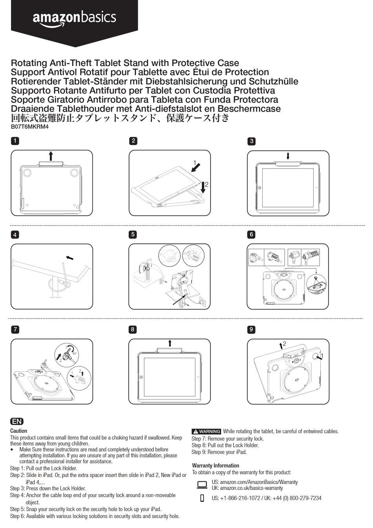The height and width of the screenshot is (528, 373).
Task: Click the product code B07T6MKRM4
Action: point(29,126)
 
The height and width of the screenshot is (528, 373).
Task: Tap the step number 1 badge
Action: point(15,141)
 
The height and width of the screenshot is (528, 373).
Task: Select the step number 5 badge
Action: point(133,235)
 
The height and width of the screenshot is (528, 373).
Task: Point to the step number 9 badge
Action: point(251,329)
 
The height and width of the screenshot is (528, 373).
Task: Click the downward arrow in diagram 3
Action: point(288,156)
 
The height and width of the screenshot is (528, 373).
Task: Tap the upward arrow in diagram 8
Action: point(170,343)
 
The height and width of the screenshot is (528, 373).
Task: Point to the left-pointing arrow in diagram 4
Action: point(69,258)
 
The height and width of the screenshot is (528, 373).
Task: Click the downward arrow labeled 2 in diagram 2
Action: point(203,187)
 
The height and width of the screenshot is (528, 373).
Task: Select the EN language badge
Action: point(17,422)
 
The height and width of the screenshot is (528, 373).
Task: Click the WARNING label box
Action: point(206,431)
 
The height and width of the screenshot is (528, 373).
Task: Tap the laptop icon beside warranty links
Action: point(202,485)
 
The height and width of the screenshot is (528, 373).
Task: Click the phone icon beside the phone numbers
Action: point(202,498)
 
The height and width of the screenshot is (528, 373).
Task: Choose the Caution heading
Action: point(18,431)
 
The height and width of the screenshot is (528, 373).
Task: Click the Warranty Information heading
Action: point(215,466)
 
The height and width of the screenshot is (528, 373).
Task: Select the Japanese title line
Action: point(120,118)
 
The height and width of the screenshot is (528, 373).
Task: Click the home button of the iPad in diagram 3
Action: point(260,188)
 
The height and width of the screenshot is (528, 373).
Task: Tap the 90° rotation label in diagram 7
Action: point(74,354)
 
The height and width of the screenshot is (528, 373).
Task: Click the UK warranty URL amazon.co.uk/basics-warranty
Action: point(247,488)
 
